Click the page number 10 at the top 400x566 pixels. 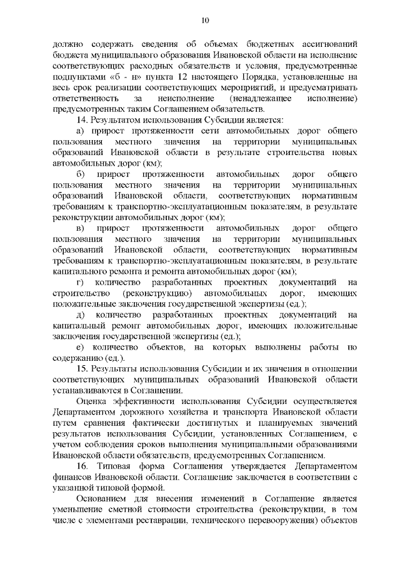[x=204, y=20]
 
